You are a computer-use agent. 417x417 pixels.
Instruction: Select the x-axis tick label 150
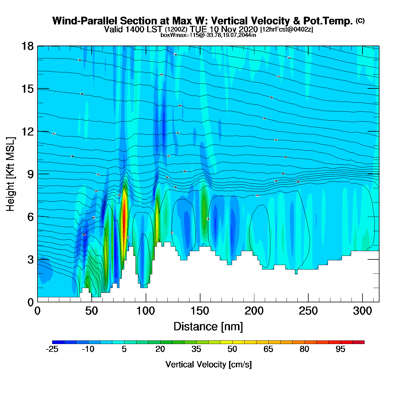coord(200,311)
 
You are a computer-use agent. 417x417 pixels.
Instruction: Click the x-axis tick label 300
coord(362,311)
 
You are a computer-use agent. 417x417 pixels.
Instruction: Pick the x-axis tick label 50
coord(91,311)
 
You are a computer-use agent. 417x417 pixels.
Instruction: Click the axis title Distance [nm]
coord(208,327)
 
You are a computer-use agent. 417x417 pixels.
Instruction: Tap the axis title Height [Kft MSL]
coord(10,174)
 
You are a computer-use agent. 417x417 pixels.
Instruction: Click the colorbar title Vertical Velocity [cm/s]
coord(208,364)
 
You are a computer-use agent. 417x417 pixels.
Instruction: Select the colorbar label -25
coord(52,349)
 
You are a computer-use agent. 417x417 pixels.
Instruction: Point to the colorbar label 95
coord(340,349)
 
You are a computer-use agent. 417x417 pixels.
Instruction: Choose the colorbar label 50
coord(232,349)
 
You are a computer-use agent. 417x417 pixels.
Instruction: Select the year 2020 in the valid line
coord(248,29)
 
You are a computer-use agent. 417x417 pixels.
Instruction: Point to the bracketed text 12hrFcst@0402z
coord(287,29)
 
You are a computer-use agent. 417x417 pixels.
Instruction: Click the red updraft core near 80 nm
coord(124,220)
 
